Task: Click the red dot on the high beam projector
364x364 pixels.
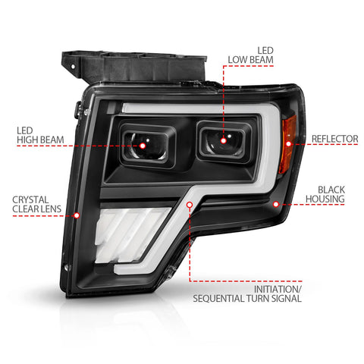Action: (x=143, y=146)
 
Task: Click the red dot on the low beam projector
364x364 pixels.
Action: (x=223, y=140)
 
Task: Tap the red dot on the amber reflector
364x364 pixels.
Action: (x=288, y=144)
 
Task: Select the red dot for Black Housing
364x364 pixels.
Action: (x=276, y=204)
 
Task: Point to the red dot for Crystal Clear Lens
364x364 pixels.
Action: (x=77, y=215)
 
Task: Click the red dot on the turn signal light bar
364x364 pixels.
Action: (x=190, y=205)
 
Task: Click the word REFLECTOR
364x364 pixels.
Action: (x=334, y=139)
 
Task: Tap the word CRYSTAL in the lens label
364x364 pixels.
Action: (x=30, y=199)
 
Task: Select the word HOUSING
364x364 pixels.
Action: (x=325, y=199)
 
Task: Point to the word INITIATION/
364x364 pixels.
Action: (x=278, y=289)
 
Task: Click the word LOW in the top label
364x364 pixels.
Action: (x=238, y=60)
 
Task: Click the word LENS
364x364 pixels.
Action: (x=52, y=209)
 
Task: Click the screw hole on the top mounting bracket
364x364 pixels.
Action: (x=73, y=67)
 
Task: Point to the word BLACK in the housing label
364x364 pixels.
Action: (x=331, y=190)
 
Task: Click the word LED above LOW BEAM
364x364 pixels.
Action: (x=265, y=51)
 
